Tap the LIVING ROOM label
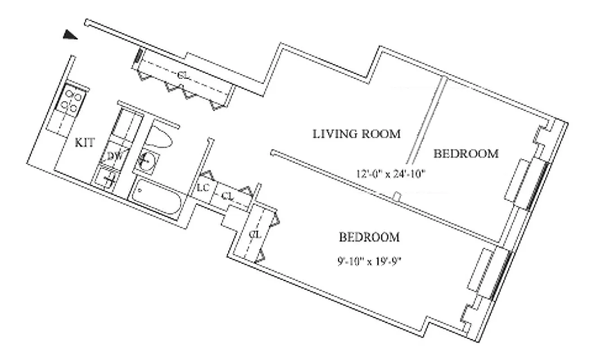(357, 134)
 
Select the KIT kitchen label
(85, 143)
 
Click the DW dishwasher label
(116, 156)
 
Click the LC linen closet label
(203, 188)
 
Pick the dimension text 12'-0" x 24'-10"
(391, 174)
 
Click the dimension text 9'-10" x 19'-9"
(370, 262)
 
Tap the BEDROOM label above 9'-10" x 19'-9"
(369, 237)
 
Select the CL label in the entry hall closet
(183, 76)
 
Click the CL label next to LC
(227, 196)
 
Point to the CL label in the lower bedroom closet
(255, 234)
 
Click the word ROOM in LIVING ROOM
(381, 134)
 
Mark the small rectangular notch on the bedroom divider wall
(397, 197)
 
